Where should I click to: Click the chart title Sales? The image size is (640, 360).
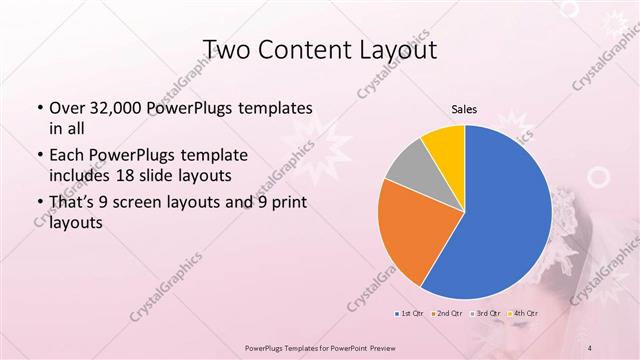coord(464,111)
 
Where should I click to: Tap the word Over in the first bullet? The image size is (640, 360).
coord(66,107)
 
